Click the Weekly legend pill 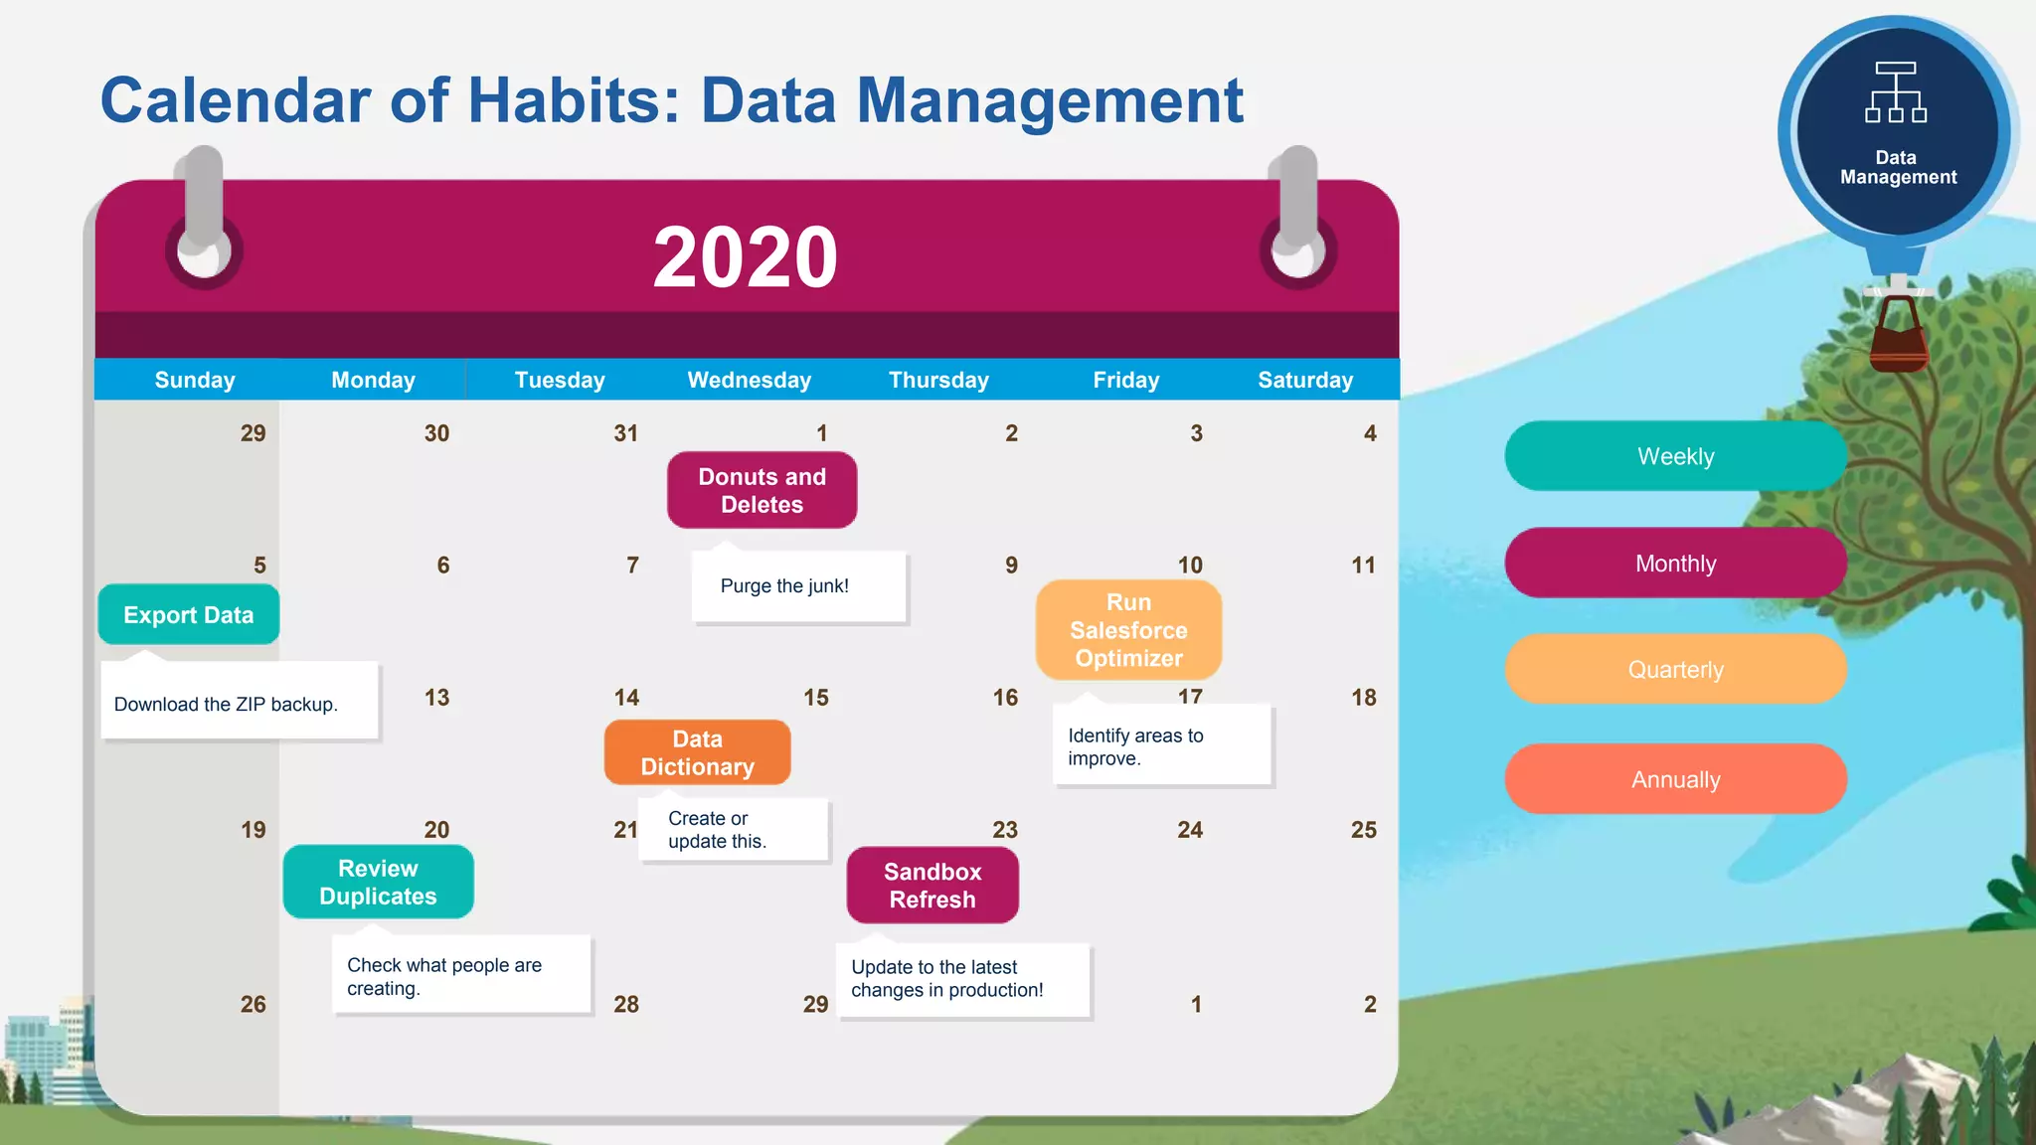[1675, 456]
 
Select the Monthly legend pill [1675, 564]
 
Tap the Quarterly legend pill [1675, 670]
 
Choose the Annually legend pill [1675, 779]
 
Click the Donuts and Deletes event [762, 490]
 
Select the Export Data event [188, 615]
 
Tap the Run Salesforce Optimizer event [1128, 630]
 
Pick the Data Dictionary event [697, 752]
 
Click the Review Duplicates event [378, 882]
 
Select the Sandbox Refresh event [933, 885]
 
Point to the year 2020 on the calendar [746, 257]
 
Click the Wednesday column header [749, 380]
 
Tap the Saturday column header [1304, 380]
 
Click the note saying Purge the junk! [785, 586]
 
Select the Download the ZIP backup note [227, 704]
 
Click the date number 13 [436, 698]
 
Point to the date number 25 [1363, 830]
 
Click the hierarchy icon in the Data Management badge [1896, 92]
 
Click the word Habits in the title [575, 100]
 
